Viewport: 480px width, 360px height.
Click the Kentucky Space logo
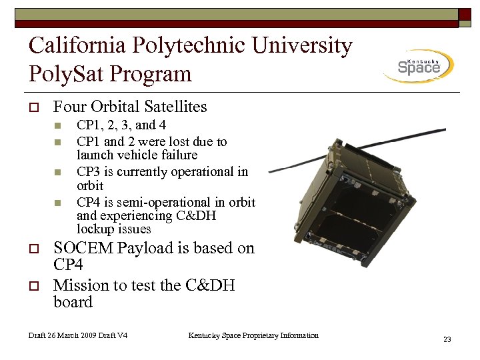click(x=419, y=66)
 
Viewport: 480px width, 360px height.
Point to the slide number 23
click(x=447, y=340)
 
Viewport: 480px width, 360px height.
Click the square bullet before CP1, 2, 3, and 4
click(x=58, y=125)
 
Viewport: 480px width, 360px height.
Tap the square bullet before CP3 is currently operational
click(x=58, y=172)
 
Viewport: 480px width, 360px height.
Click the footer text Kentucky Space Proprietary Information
click(x=253, y=335)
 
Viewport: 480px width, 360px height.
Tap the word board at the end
click(x=73, y=302)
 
